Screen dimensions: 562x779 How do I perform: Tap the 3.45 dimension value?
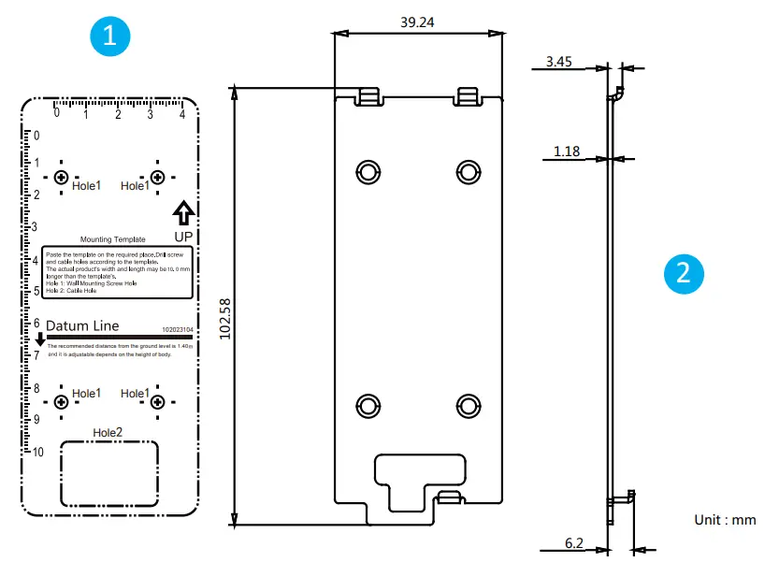558,63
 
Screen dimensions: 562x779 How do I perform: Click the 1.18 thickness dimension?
567,151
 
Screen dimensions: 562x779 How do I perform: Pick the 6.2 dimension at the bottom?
574,542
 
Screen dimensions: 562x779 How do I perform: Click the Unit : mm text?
725,520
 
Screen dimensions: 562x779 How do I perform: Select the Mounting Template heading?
113,239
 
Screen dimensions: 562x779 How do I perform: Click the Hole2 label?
108,432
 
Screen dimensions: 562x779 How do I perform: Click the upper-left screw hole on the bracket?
368,171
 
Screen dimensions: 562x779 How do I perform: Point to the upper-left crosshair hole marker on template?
62,178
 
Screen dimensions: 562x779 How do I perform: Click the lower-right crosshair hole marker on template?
157,402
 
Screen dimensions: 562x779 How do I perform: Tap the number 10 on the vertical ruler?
38,453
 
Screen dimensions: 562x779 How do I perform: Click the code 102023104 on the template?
177,330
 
